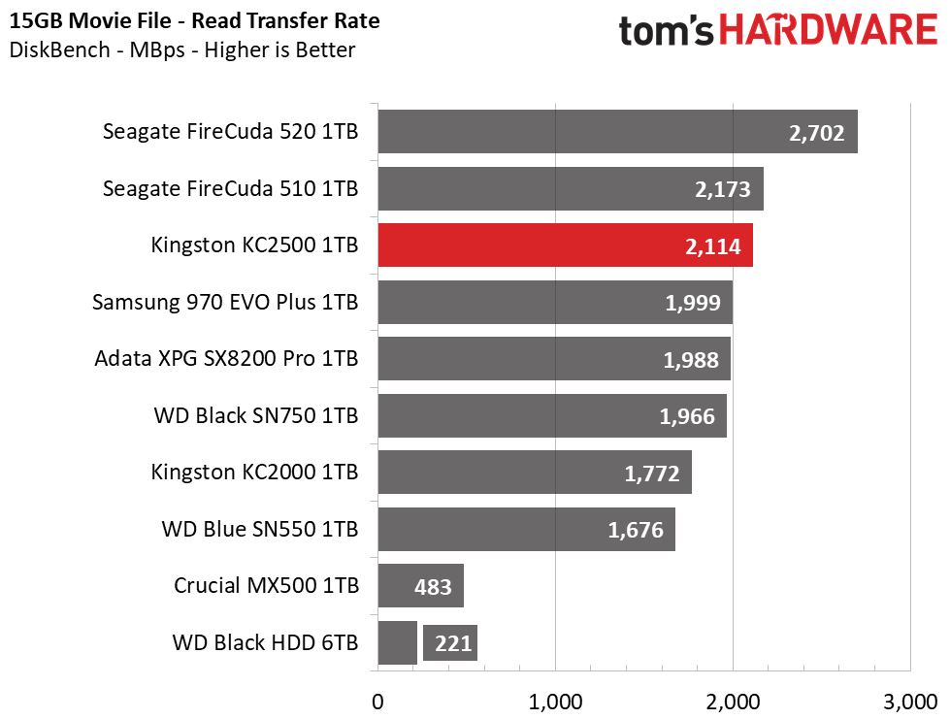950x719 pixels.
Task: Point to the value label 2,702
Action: pos(818,134)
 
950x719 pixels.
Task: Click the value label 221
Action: pos(450,642)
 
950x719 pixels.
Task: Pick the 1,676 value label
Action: pos(636,530)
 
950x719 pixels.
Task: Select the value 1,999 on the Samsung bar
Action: pos(693,303)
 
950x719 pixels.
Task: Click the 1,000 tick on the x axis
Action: pos(554,701)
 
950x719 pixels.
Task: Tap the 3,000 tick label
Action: pos(908,701)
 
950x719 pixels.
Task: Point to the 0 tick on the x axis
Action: pos(377,701)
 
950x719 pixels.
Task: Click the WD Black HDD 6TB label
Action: pos(265,642)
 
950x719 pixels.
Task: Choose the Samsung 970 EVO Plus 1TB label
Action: pos(225,303)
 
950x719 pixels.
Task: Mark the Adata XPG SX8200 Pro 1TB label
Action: pos(226,359)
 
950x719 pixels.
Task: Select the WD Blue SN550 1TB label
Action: pos(259,530)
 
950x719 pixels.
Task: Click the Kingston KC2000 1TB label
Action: pos(254,473)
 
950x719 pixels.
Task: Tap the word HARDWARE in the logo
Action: pos(832,31)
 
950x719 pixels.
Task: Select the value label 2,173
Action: pos(723,189)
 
